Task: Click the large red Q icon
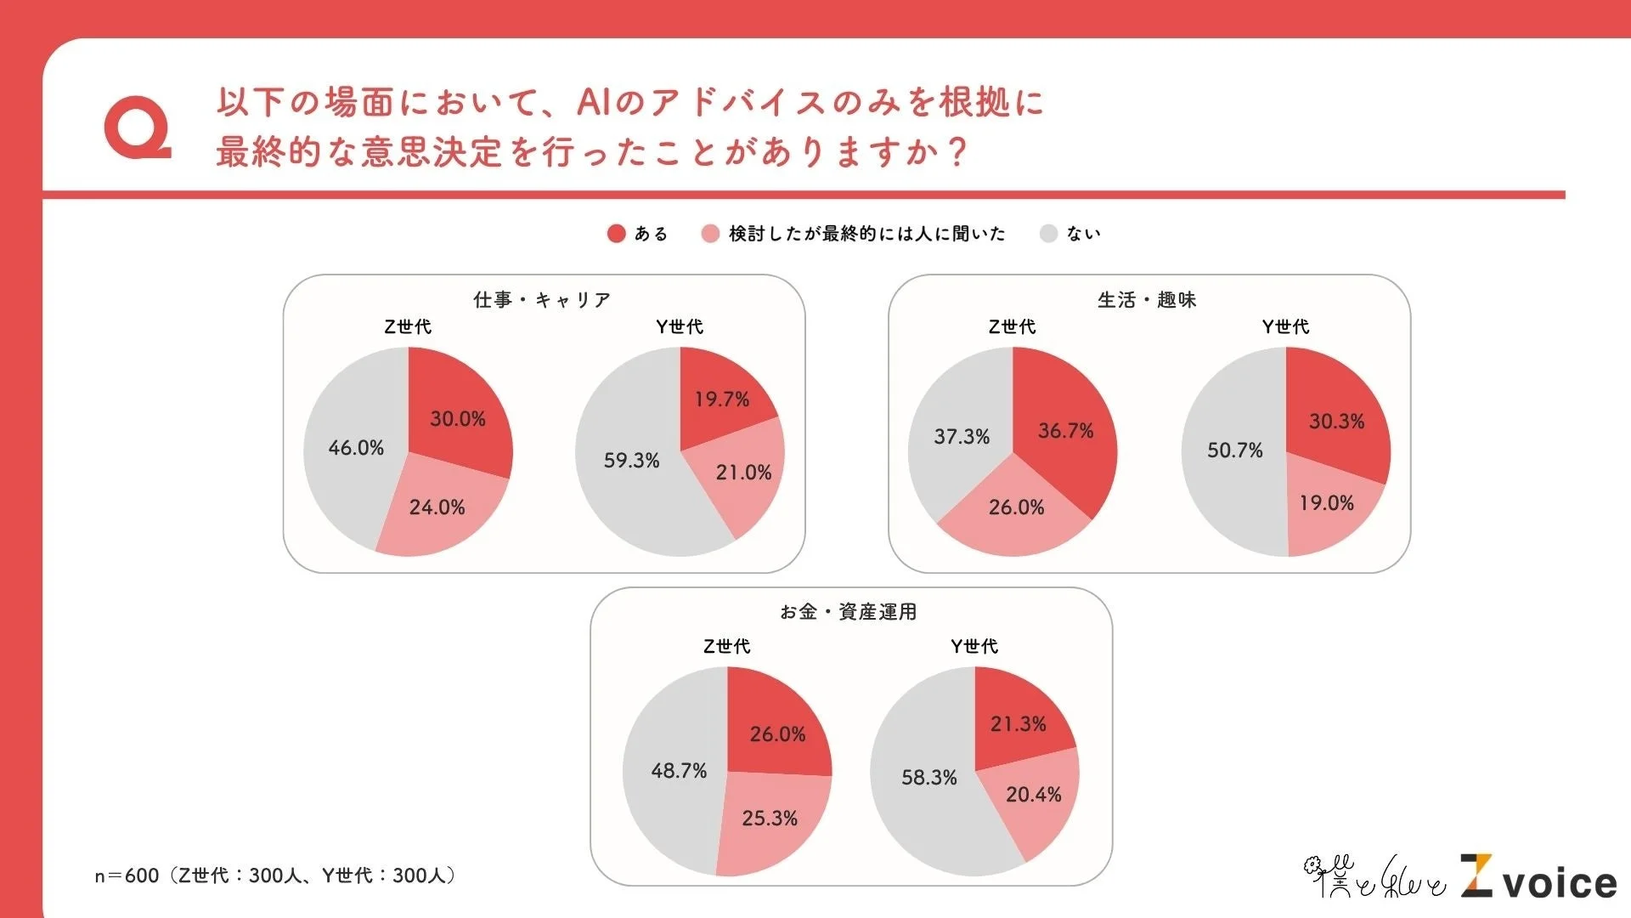[136, 127]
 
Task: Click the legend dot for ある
[617, 234]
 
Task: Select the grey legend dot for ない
[1048, 234]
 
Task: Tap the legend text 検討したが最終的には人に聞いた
[866, 234]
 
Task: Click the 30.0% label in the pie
[458, 419]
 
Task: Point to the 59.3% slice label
[631, 461]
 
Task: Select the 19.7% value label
[722, 399]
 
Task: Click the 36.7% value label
[1065, 431]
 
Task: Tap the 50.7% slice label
[1234, 450]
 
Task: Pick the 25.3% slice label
[770, 819]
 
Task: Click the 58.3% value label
[928, 778]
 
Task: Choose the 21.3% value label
[1018, 724]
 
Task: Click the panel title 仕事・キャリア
[542, 300]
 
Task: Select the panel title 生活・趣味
[1147, 300]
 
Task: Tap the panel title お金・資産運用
[849, 612]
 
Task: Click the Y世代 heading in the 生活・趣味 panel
[1285, 327]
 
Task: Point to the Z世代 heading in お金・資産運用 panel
[726, 647]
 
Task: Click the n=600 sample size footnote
[276, 875]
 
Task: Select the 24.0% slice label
[437, 507]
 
